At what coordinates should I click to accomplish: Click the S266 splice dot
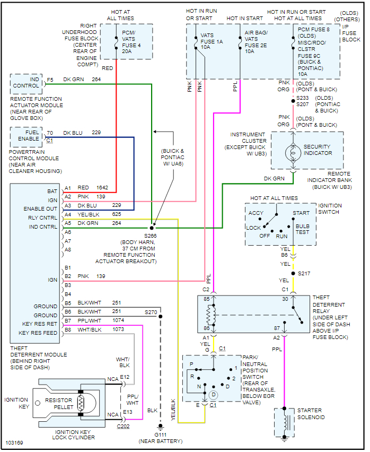[x=152, y=227]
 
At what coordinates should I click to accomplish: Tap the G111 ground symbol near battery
[x=160, y=426]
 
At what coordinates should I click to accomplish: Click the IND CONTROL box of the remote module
[x=27, y=83]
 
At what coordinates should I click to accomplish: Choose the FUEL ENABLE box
[x=27, y=136]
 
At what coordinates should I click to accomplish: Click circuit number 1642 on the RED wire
[x=102, y=188]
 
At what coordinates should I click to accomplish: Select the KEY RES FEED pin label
[x=38, y=333]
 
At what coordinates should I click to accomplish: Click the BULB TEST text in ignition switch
[x=302, y=229]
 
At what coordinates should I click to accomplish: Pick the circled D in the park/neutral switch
[x=213, y=395]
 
